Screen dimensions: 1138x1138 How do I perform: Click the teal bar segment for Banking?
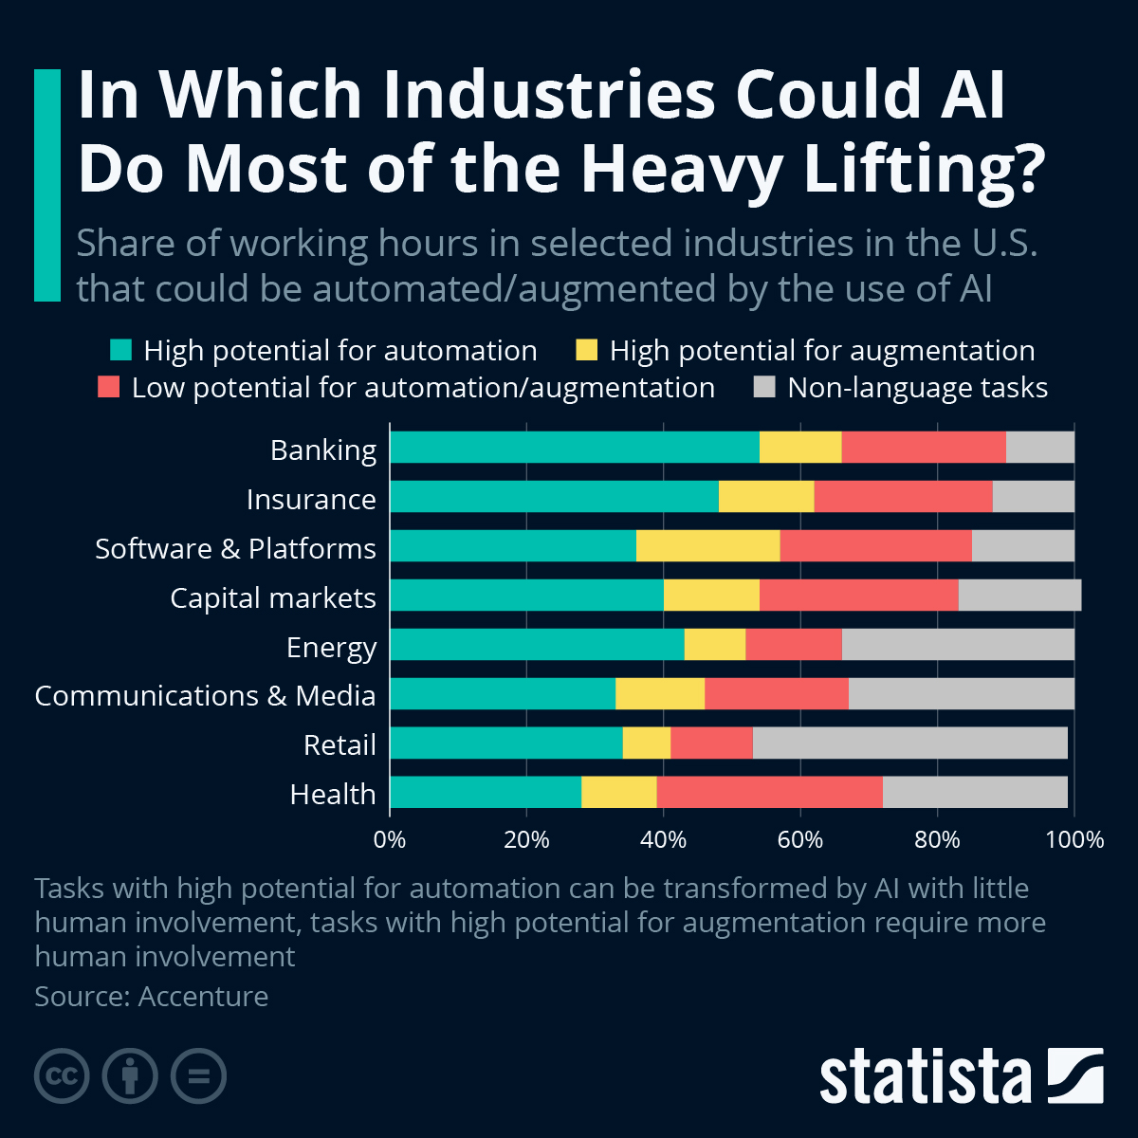pos(574,448)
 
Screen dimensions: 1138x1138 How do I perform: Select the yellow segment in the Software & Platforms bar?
pos(707,546)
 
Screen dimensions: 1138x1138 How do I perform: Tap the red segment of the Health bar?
pos(769,792)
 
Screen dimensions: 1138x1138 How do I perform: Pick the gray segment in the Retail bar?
pos(909,743)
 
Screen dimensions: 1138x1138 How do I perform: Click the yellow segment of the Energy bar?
pos(714,645)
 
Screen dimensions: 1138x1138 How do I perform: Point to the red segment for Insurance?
pos(903,497)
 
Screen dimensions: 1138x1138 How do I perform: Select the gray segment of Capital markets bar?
pos(1019,596)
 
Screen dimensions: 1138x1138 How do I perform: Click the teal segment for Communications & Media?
pos(502,694)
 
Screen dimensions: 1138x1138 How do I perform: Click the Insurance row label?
pos(311,499)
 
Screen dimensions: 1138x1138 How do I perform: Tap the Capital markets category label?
pos(272,597)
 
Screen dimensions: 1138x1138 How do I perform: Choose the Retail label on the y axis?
pos(340,744)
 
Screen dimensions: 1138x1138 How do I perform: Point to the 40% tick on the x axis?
pos(663,839)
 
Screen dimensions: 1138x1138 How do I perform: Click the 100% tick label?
pos(1074,839)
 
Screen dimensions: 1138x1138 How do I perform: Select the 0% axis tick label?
pos(390,839)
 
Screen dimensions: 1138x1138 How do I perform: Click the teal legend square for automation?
pos(120,350)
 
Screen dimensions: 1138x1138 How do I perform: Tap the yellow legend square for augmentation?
pos(587,350)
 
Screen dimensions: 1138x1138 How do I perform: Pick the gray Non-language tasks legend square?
pos(764,387)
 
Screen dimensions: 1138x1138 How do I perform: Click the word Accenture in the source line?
pos(203,997)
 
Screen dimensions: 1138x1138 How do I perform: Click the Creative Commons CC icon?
pos(62,1076)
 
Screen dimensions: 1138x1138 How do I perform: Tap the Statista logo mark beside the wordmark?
pos(1075,1075)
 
